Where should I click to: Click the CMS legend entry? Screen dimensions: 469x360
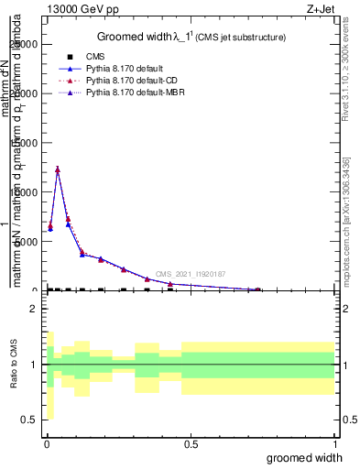click(x=96, y=57)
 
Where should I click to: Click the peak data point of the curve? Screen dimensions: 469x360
click(x=58, y=169)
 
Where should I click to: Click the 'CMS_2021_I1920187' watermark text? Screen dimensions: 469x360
click(x=190, y=274)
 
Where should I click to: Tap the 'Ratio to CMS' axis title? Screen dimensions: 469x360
click(x=14, y=365)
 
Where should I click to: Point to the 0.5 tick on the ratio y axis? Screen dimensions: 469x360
click(x=28, y=420)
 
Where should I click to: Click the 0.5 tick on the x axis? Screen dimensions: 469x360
click(x=190, y=443)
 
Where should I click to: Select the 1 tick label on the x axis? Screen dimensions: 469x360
click(x=334, y=443)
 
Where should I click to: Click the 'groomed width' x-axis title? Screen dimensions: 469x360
click(x=311, y=457)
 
